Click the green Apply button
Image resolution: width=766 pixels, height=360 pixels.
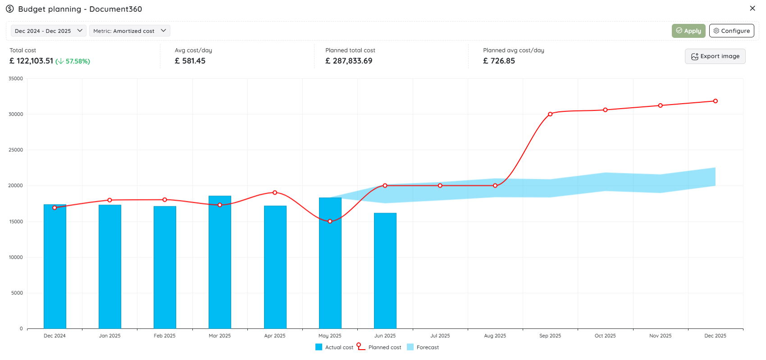coord(688,31)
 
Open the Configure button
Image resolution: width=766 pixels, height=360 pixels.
coord(731,31)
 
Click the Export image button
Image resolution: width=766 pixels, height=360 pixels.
coord(715,56)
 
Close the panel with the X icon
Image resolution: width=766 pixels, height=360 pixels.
coord(752,8)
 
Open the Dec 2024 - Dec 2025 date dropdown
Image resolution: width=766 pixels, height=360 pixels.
coord(48,31)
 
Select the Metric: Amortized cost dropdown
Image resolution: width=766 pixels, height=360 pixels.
coord(130,31)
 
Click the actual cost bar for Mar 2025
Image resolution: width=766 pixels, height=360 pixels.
coord(220,262)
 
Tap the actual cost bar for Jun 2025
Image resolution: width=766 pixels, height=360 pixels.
coord(385,271)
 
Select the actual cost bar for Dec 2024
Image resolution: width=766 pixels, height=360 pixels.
coord(55,267)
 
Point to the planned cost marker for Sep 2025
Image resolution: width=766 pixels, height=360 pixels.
coord(550,114)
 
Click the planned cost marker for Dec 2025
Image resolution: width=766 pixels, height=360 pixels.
coord(716,101)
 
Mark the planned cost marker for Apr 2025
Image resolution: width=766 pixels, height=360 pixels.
coord(275,192)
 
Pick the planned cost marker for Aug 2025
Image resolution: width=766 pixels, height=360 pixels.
coord(495,186)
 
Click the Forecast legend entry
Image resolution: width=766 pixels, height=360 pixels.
coord(423,347)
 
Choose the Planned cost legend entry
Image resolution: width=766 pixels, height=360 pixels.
coord(379,347)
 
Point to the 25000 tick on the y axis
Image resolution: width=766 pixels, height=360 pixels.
coord(16,150)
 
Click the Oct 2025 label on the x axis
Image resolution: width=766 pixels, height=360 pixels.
coord(605,336)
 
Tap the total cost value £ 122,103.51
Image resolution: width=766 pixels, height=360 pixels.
coord(32,61)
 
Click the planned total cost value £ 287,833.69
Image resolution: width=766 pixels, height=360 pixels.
coord(349,61)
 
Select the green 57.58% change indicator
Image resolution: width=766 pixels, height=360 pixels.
coord(73,61)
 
